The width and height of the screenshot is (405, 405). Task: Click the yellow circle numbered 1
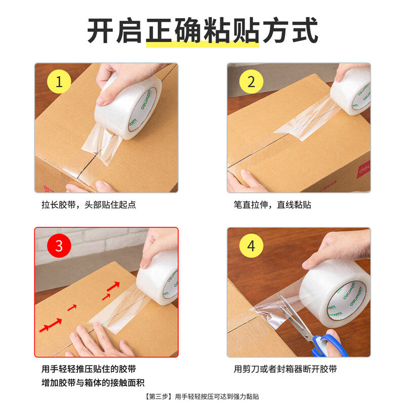pos(59,82)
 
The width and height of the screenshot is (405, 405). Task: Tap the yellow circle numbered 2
pos(251,82)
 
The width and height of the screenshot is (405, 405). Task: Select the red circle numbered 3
pos(59,246)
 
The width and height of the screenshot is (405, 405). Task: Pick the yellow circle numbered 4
pos(251,246)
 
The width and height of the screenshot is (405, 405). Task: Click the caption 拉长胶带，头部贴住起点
pos(89,205)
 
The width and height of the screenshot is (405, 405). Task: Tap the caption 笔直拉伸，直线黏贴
pos(272,205)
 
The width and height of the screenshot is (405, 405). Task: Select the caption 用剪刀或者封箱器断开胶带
pos(285,369)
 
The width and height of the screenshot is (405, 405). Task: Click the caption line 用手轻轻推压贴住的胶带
pos(89,369)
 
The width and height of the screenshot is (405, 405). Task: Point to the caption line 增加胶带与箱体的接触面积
pos(93,383)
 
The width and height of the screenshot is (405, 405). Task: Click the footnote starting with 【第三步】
pos(202,396)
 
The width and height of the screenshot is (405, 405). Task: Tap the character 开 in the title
pos(100,31)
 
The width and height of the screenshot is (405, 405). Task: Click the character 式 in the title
pos(305,31)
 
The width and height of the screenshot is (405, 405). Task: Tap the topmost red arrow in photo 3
pos(113,286)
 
